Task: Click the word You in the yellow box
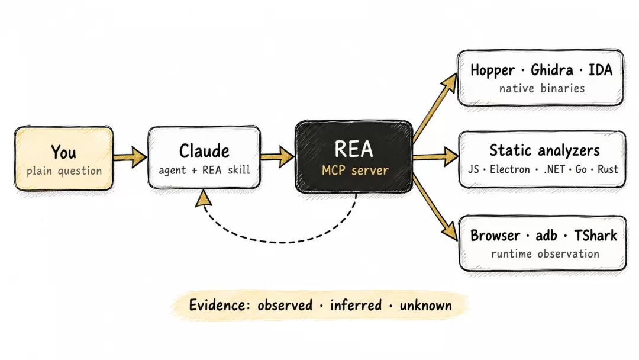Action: click(63, 152)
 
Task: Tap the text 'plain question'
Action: click(64, 171)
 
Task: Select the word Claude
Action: click(204, 151)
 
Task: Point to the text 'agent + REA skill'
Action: click(204, 169)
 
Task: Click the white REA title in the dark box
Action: click(354, 149)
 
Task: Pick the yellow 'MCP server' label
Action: click(355, 170)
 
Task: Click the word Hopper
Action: click(492, 70)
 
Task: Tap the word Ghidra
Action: click(552, 70)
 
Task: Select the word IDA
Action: click(601, 70)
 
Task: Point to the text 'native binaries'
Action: click(542, 88)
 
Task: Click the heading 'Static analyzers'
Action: click(544, 150)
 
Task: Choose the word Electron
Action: click(510, 169)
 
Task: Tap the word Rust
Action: click(608, 169)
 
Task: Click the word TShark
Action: click(595, 235)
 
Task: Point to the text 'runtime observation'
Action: click(546, 253)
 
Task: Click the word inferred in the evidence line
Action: click(356, 305)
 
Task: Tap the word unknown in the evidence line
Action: click(425, 306)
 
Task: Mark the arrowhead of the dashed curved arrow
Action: click(204, 198)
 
